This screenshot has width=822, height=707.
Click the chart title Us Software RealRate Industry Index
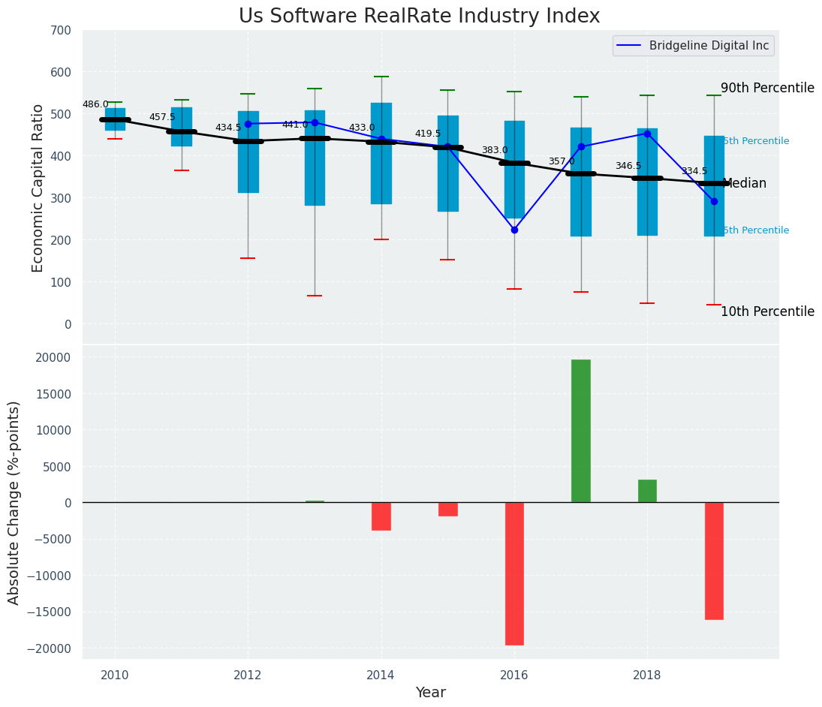(x=419, y=17)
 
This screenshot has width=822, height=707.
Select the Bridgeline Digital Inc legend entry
(x=693, y=46)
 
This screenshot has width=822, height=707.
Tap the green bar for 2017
(x=580, y=431)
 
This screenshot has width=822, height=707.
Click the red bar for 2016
(x=514, y=573)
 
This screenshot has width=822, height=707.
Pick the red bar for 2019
(x=714, y=561)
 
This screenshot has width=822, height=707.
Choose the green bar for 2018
(x=647, y=491)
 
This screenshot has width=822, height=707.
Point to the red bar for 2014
(x=381, y=516)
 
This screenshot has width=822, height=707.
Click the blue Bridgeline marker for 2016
(x=514, y=230)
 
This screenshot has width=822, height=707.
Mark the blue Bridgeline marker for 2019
(x=714, y=201)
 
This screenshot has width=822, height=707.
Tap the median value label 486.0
(x=95, y=104)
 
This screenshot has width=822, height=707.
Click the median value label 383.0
(x=495, y=150)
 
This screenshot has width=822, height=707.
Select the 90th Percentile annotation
(x=767, y=88)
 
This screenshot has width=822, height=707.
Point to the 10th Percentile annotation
(x=767, y=311)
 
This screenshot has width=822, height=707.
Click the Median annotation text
(x=744, y=183)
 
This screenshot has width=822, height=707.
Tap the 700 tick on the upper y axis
(x=61, y=30)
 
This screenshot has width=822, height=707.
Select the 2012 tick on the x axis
(x=248, y=675)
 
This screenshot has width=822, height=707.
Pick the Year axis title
(x=431, y=693)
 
